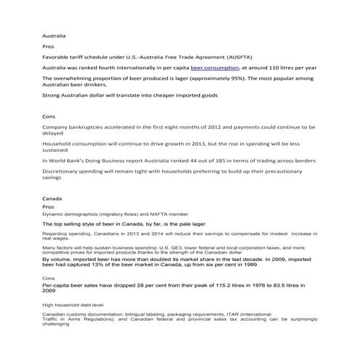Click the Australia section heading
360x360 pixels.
(54, 34)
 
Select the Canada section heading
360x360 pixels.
(52, 198)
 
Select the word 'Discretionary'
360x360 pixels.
(64, 170)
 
